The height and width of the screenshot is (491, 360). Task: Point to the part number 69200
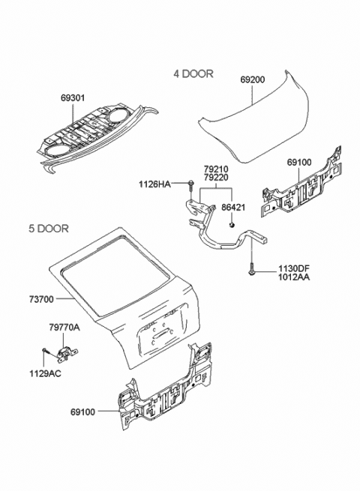click(253, 78)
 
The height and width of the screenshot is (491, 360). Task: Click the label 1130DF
click(294, 268)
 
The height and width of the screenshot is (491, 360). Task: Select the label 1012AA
click(294, 277)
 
